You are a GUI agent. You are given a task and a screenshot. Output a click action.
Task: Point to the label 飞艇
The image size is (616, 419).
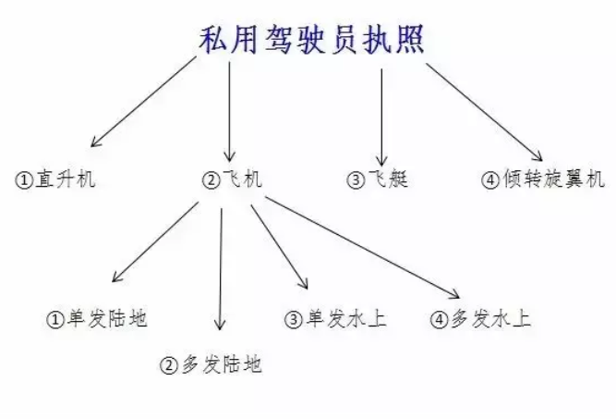388,179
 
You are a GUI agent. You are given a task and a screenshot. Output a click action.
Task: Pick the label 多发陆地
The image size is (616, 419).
221,364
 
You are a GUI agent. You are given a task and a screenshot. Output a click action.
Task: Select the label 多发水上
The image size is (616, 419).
492,320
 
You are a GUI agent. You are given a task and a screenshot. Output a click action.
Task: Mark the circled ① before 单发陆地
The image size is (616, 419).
54,321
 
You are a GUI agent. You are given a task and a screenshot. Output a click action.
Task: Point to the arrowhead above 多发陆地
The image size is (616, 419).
219,325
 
